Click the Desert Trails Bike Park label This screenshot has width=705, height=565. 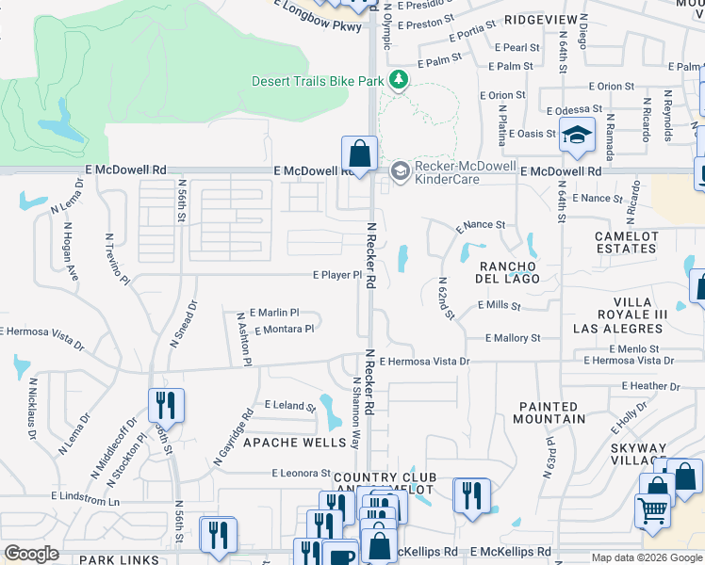(318, 81)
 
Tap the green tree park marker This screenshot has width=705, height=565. (399, 80)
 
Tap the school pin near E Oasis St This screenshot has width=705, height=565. (577, 136)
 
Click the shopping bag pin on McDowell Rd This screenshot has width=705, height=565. (359, 153)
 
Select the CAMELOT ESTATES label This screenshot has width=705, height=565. (626, 242)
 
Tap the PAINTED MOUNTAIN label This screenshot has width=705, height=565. (552, 412)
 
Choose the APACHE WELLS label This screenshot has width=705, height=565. (282, 442)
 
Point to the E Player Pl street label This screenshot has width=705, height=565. (337, 275)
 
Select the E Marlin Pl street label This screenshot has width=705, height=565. (274, 313)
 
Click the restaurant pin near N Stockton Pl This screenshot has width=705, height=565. (166, 406)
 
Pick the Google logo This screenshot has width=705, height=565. (32, 554)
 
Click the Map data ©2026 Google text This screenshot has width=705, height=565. (646, 557)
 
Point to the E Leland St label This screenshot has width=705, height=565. (289, 406)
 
